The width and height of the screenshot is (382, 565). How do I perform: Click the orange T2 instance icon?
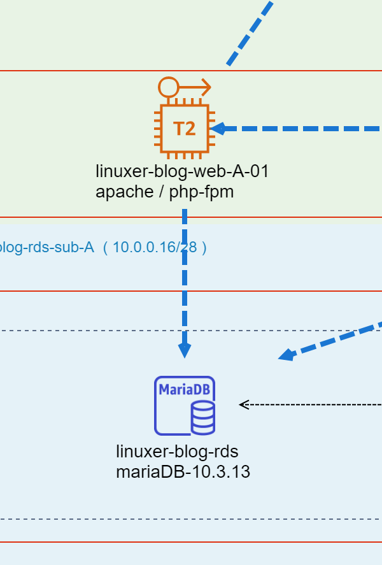tap(185, 129)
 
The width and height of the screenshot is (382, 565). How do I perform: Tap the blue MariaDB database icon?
tap(185, 406)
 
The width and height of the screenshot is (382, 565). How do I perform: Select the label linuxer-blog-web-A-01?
tap(182, 171)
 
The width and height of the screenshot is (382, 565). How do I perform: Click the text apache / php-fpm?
tap(165, 191)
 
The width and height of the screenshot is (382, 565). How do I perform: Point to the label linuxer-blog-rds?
tap(177, 452)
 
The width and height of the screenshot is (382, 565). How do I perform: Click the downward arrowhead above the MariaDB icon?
tap(185, 350)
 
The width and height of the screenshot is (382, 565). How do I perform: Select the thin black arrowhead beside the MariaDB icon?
tap(243, 404)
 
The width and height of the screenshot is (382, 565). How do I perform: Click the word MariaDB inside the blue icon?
tap(185, 389)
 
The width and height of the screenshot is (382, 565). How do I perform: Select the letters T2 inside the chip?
tap(185, 129)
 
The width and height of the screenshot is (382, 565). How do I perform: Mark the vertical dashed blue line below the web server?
tap(185, 280)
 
